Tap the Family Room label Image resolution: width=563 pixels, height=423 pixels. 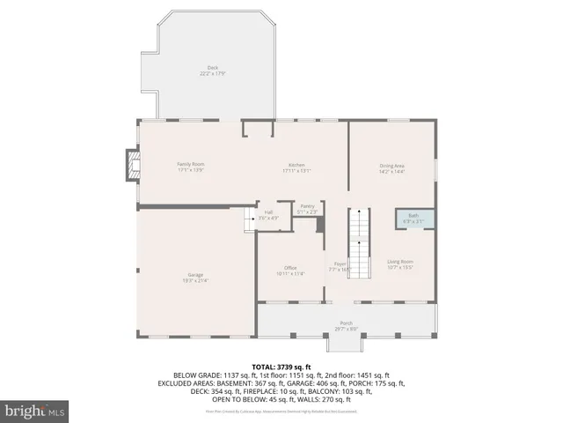[191, 166]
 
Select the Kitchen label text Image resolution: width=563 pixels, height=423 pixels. [296, 166]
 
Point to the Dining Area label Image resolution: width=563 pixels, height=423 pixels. [391, 167]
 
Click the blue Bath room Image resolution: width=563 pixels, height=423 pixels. [413, 218]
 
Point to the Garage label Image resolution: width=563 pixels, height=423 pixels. [194, 278]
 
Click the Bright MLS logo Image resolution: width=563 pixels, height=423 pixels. [35, 410]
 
